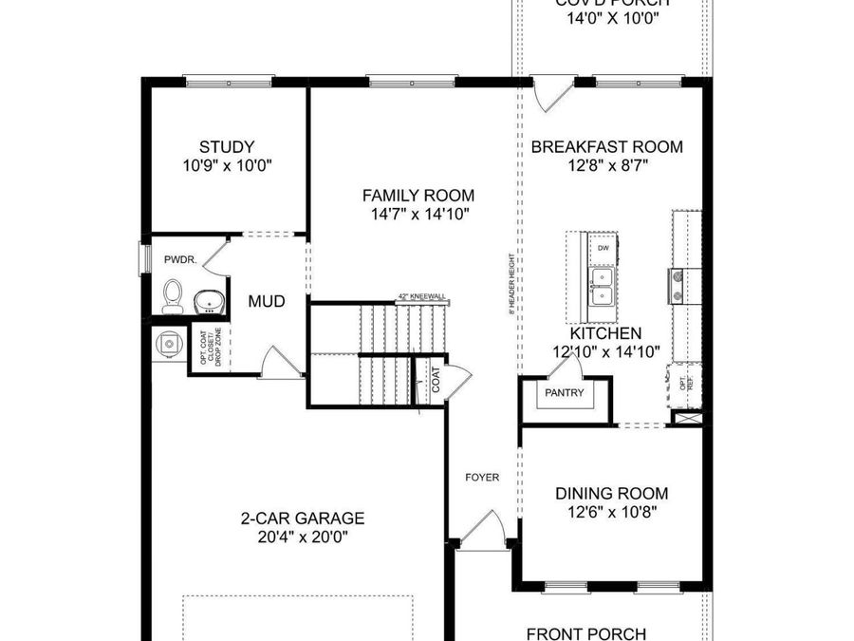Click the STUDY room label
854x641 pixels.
click(x=227, y=147)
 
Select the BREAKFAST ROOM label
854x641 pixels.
click(x=606, y=147)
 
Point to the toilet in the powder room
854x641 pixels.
click(x=173, y=296)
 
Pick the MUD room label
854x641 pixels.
click(x=267, y=302)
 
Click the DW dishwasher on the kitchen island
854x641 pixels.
click(x=603, y=249)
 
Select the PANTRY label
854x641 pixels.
click(x=564, y=392)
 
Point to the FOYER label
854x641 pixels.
click(x=482, y=477)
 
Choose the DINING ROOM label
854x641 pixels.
click(x=611, y=494)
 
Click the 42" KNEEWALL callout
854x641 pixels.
click(x=422, y=296)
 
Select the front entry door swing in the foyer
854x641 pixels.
click(x=484, y=528)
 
